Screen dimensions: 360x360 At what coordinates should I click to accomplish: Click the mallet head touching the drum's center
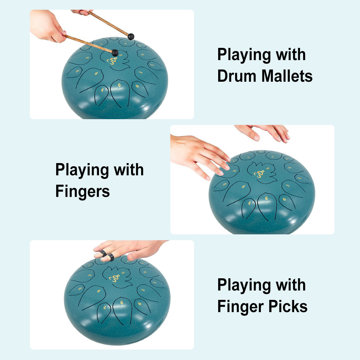coord(115,53)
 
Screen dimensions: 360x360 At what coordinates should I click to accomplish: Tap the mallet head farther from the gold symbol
coord(131,36)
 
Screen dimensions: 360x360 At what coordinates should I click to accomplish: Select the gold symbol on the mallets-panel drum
coord(114,62)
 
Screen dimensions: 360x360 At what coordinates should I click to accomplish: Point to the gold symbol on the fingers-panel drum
coord(259,174)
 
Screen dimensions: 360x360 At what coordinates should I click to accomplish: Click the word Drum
coord(237,76)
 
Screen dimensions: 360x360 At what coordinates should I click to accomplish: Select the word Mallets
coord(287,76)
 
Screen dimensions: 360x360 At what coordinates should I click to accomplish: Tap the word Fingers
coord(82,191)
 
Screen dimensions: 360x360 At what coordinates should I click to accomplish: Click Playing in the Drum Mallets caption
coord(244,55)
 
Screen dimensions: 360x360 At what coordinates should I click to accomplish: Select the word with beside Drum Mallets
coord(291,55)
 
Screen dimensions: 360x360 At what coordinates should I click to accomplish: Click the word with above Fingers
coord(129,170)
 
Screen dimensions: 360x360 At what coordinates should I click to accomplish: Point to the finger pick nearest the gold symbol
coord(111,257)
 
